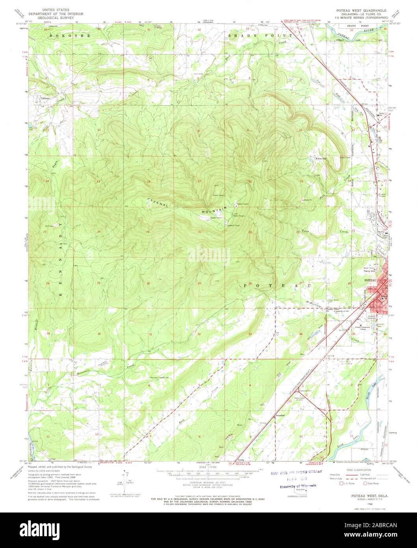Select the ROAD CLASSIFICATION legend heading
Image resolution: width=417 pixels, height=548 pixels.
(x=356, y=470)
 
